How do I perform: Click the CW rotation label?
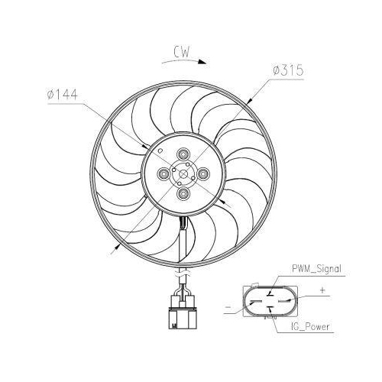point(182,51)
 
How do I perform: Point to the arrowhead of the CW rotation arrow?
point(202,62)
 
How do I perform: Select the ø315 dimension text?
point(288,70)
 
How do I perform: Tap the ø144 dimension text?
point(63,95)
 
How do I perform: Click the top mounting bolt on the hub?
point(183,154)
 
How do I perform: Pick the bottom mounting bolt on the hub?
point(183,194)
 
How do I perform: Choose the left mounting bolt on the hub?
point(163,174)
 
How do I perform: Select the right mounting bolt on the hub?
point(203,174)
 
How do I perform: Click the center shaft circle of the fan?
point(183,174)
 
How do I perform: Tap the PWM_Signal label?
point(316,269)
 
